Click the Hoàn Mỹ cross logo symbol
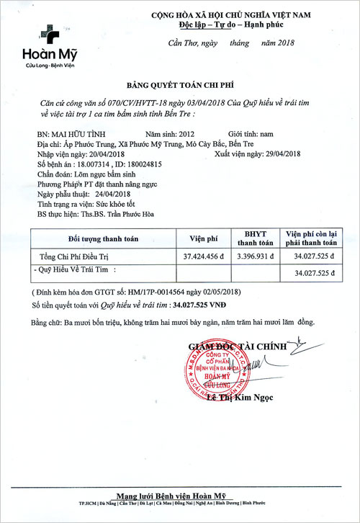49,33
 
